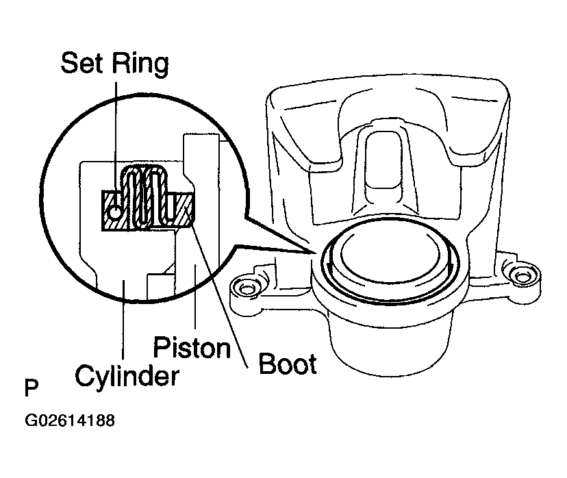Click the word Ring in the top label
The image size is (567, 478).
coord(140,64)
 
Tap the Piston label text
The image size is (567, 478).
coord(192,347)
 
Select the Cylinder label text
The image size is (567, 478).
coord(127,377)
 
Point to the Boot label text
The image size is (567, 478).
coord(288,364)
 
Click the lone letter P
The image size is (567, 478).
coord(32,388)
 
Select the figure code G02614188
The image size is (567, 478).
coord(69,420)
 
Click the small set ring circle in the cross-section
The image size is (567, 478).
coord(114,212)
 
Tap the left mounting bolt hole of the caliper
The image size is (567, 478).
coord(247,289)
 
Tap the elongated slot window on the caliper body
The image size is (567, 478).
coord(383,168)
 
